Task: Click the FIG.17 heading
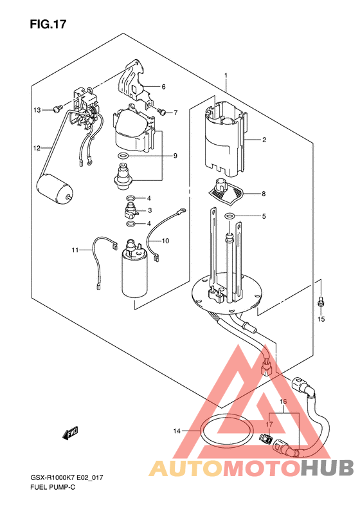pyautogui.click(x=48, y=24)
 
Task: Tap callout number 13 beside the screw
pyautogui.click(x=37, y=110)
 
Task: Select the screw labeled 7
pyautogui.click(x=161, y=112)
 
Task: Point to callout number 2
pyautogui.click(x=264, y=140)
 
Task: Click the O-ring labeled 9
pyautogui.click(x=123, y=156)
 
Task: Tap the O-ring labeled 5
pyautogui.click(x=230, y=215)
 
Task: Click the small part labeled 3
pyautogui.click(x=130, y=210)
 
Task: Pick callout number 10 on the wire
pyautogui.click(x=165, y=241)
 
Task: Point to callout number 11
pyautogui.click(x=75, y=250)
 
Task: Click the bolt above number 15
pyautogui.click(x=321, y=302)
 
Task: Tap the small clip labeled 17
pyautogui.click(x=264, y=439)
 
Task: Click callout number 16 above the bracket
pyautogui.click(x=283, y=402)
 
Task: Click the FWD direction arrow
pyautogui.click(x=70, y=434)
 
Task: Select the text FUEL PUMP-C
pyautogui.click(x=53, y=487)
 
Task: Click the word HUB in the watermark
pyautogui.click(x=327, y=468)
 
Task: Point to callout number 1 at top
pyautogui.click(x=226, y=76)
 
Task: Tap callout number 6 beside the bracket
pyautogui.click(x=163, y=87)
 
